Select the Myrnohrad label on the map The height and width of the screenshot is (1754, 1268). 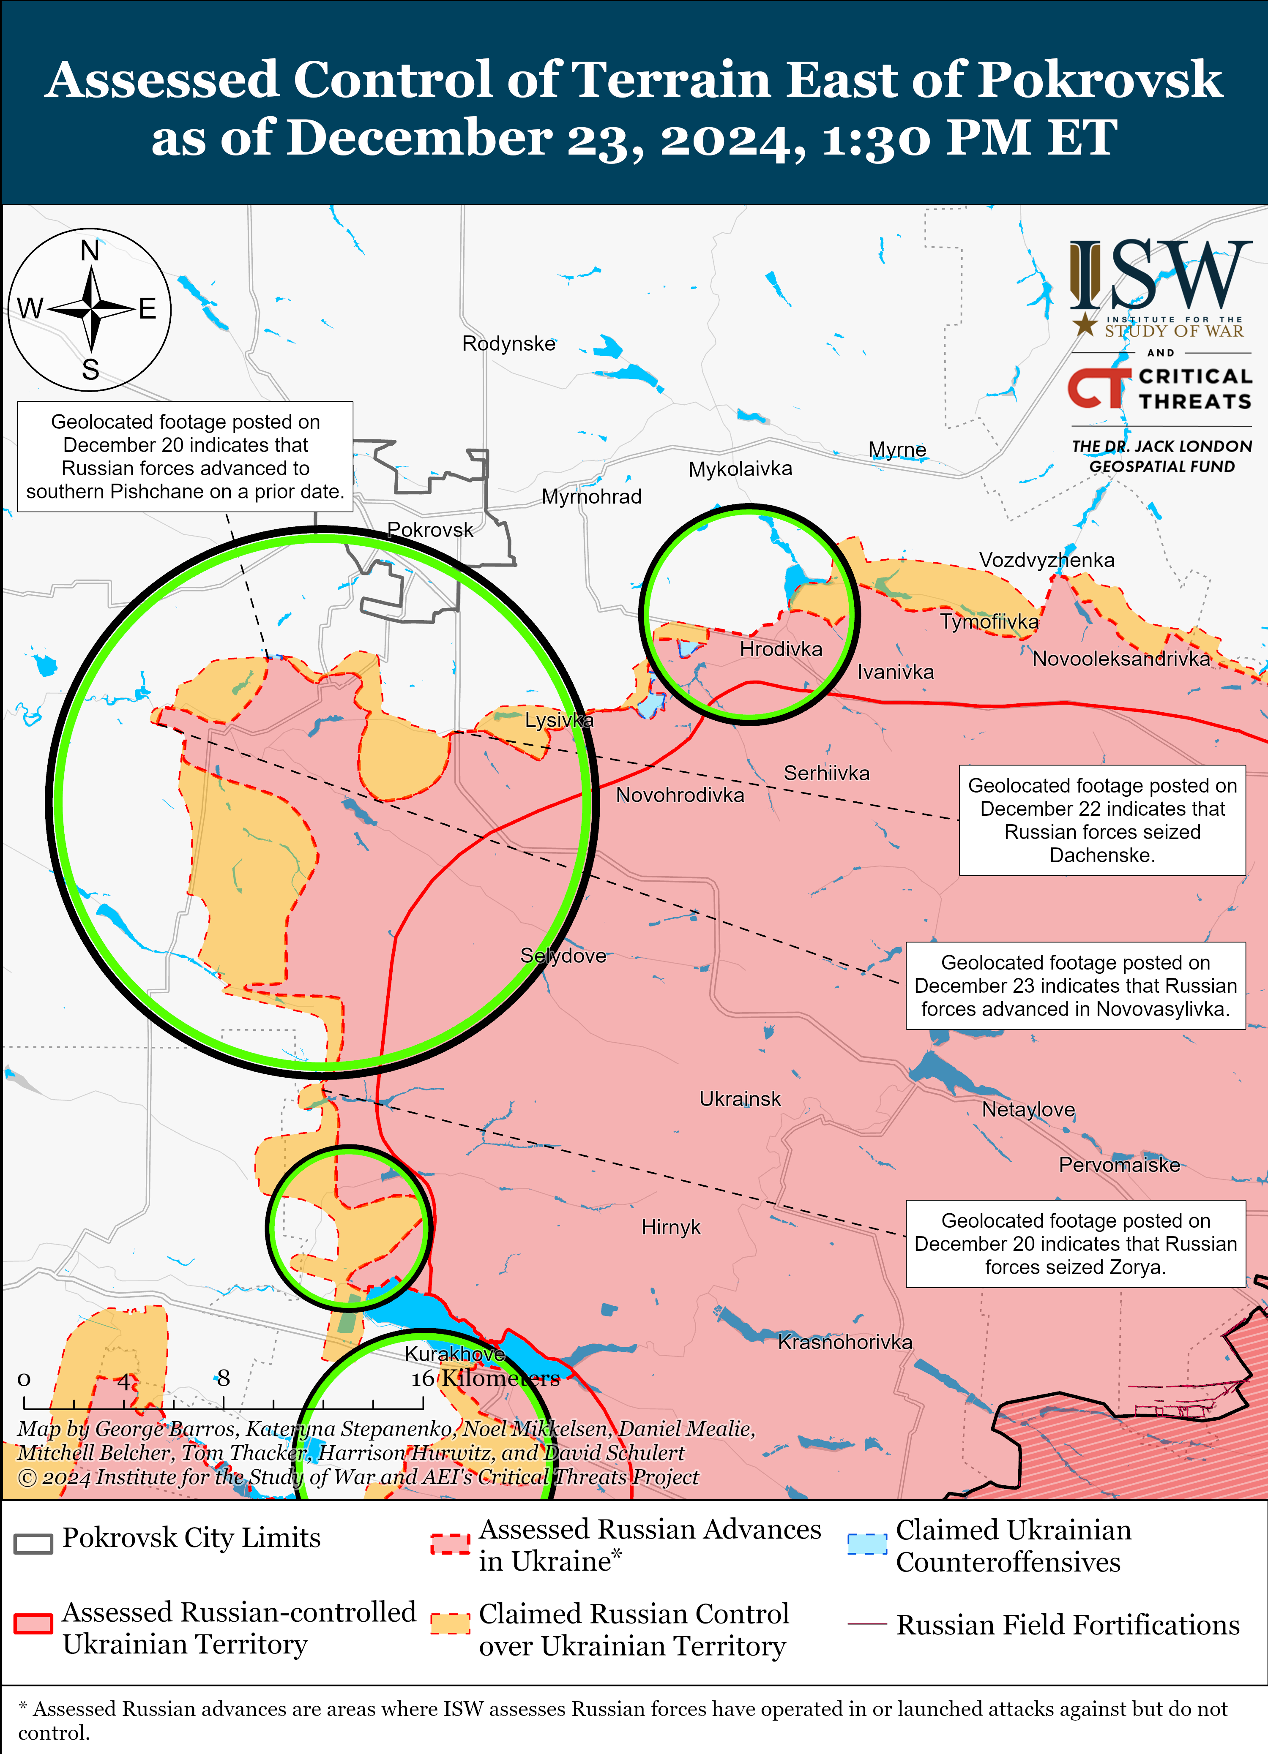point(591,496)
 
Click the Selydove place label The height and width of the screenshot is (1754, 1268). point(563,956)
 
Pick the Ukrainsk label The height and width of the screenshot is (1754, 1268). point(740,1099)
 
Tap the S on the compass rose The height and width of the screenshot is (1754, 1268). point(90,370)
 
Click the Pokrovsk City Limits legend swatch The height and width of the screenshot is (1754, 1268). point(33,1543)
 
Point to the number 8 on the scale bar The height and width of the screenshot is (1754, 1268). point(224,1378)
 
